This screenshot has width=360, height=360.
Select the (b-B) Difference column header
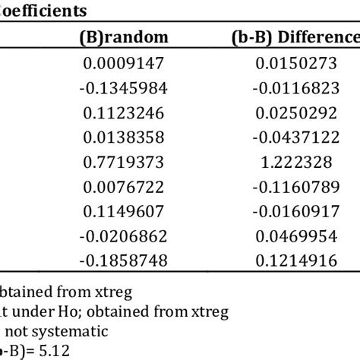click(296, 36)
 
